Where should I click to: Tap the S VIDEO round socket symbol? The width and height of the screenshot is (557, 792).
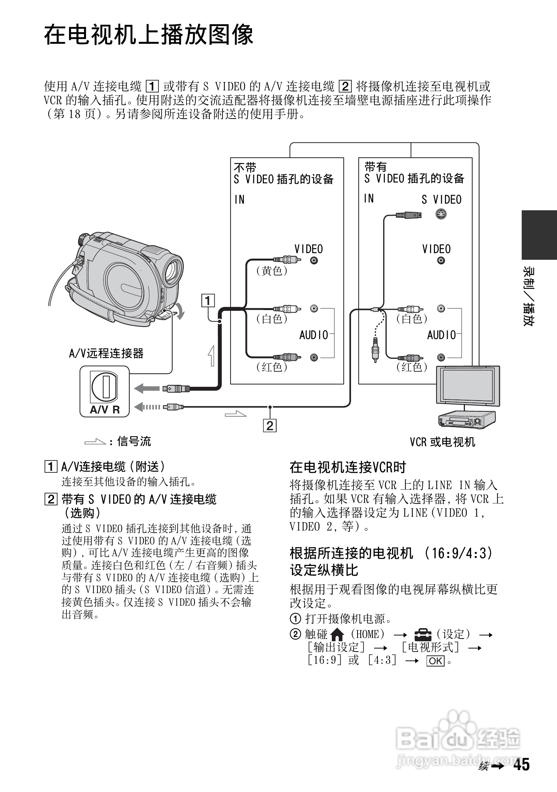point(441,214)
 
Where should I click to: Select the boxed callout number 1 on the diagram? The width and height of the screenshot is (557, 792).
point(208,300)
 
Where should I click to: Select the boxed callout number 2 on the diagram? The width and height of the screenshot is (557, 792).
point(270,426)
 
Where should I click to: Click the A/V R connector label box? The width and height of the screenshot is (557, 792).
point(105,391)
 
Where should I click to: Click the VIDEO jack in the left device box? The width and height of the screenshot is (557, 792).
point(314,261)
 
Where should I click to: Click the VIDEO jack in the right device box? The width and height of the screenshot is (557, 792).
point(441,261)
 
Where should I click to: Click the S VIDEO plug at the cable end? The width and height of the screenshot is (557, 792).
point(409,215)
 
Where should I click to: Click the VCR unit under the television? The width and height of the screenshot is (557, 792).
point(466,420)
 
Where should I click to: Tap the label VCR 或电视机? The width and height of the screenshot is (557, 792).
point(442,442)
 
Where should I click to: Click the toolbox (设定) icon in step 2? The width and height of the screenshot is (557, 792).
point(423,635)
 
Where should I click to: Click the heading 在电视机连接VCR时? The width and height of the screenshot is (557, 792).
point(348,467)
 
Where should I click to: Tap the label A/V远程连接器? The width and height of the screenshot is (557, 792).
point(106,353)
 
